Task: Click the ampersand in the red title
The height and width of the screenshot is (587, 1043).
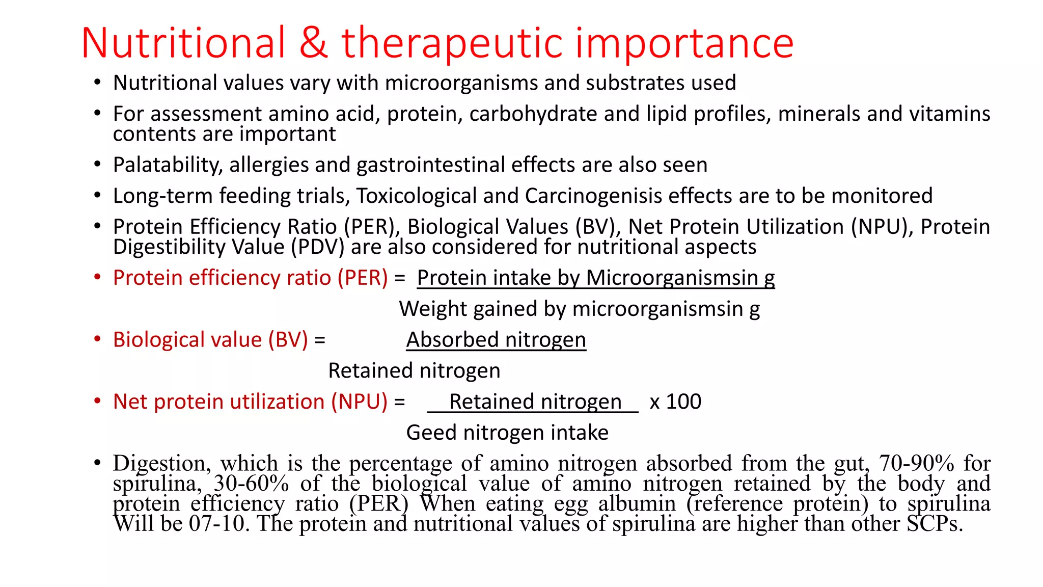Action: point(313,43)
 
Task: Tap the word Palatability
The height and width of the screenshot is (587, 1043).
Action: point(168,166)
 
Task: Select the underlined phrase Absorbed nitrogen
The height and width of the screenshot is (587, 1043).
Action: point(496,340)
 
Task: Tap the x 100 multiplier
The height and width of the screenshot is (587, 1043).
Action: point(675,402)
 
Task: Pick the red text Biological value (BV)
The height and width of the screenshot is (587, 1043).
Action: point(210,340)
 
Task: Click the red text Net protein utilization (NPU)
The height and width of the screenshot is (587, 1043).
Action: point(250,402)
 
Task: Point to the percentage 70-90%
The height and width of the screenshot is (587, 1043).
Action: point(916,464)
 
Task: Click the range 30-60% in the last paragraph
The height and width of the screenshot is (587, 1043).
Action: point(251,484)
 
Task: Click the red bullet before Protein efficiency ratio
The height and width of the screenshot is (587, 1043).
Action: point(97,278)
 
